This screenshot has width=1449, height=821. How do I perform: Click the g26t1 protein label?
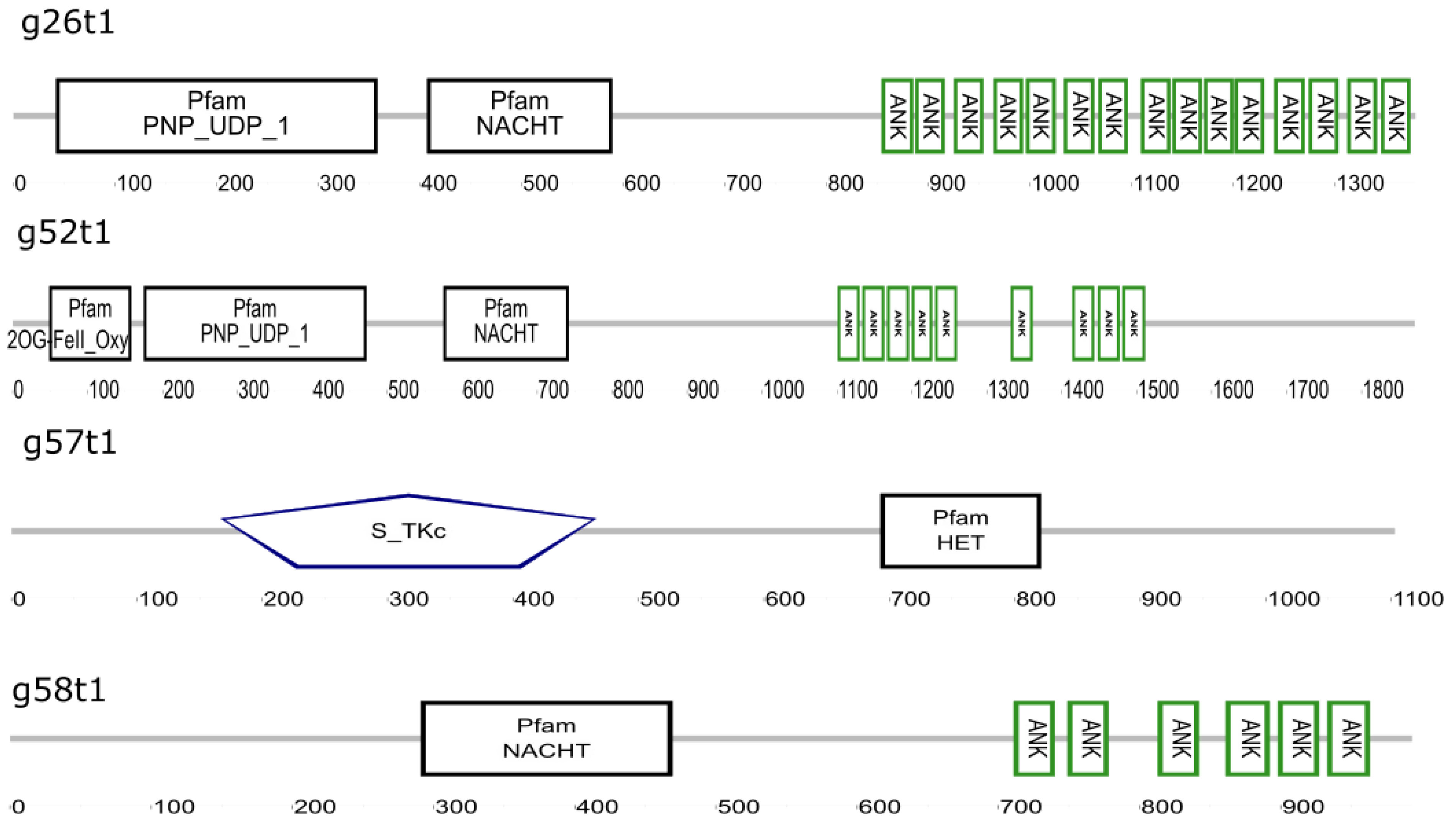point(67,24)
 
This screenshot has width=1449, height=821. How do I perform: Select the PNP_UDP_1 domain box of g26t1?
point(217,115)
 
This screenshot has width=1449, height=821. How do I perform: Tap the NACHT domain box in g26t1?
point(519,115)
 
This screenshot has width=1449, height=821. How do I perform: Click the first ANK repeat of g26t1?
point(897,115)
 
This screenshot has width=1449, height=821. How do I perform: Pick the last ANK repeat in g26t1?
point(1395,115)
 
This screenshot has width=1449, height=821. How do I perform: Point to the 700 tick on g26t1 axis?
point(743,183)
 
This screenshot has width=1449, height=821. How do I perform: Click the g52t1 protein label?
point(63,233)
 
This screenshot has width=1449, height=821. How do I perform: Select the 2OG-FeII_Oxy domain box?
point(90,323)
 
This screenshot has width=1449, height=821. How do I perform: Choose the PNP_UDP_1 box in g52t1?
point(255,323)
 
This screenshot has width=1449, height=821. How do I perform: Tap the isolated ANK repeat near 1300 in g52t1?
point(1021,323)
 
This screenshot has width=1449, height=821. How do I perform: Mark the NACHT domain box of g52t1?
point(506,323)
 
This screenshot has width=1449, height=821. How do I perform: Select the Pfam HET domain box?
point(960,531)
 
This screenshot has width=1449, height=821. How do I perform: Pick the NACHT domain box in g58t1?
point(546,738)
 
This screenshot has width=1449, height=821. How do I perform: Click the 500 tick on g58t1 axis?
point(738,807)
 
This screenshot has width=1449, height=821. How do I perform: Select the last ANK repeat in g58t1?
point(1348,738)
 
